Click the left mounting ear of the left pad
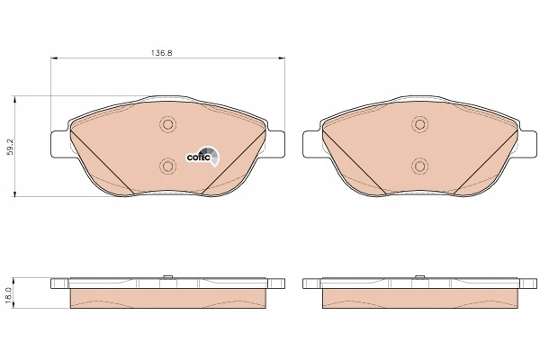point(59,143)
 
